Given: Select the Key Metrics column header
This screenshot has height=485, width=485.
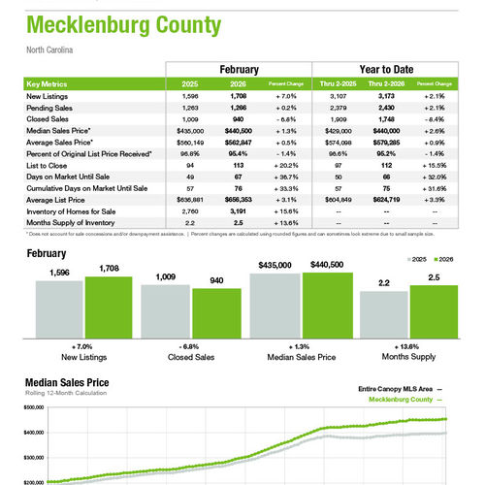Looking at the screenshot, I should [x=48, y=84].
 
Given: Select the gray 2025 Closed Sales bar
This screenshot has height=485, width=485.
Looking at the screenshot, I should [x=164, y=313].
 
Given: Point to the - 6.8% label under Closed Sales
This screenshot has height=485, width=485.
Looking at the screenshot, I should [x=188, y=347].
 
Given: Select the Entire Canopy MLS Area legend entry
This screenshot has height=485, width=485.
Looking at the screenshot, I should [x=394, y=389].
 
